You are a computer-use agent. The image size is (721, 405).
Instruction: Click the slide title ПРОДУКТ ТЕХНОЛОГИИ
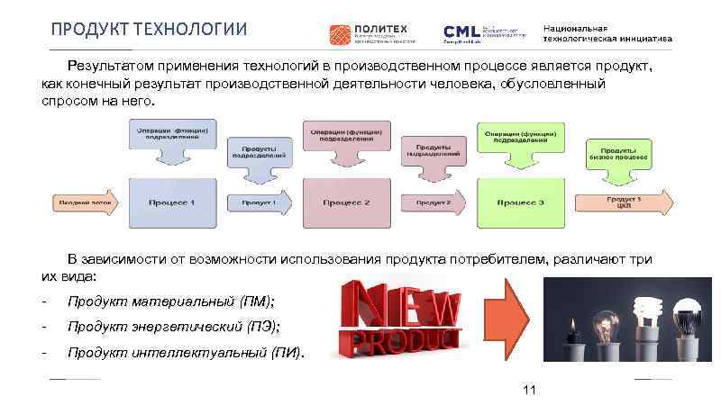tap(148, 31)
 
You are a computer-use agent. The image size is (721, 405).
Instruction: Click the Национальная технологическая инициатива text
tap(607, 33)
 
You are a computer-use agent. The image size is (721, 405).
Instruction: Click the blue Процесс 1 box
tap(173, 202)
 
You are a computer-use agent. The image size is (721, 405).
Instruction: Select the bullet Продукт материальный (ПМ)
tap(171, 300)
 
